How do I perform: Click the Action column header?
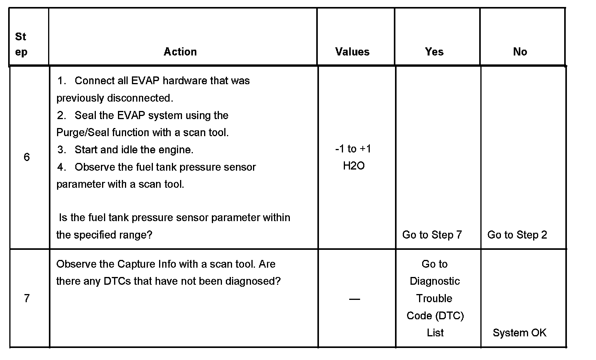(180, 52)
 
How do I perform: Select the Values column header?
(352, 52)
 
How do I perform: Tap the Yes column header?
(434, 52)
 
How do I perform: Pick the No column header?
(520, 52)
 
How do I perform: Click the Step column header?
(21, 44)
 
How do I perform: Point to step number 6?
(27, 157)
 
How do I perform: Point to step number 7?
(27, 298)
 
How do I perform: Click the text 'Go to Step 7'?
(432, 235)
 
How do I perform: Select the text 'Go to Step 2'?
(517, 235)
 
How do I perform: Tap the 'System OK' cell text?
(520, 333)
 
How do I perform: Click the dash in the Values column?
(354, 299)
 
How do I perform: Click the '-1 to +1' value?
(353, 149)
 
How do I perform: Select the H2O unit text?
(354, 166)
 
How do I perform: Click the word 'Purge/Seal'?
(83, 133)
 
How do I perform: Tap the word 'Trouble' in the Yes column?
(434, 298)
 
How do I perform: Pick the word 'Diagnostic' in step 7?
(435, 281)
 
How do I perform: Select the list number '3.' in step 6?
(62, 150)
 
